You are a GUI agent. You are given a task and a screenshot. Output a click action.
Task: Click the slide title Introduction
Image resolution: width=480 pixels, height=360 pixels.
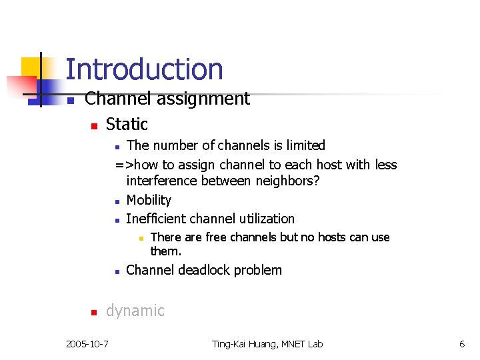click(144, 69)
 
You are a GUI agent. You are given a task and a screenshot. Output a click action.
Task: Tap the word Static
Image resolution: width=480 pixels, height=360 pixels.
click(127, 124)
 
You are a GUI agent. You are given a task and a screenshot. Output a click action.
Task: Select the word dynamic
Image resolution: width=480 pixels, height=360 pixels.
click(135, 311)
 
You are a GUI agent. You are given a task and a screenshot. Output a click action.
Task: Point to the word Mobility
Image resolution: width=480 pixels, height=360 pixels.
click(149, 200)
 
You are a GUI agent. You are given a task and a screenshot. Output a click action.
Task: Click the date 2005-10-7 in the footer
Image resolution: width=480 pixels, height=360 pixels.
click(88, 344)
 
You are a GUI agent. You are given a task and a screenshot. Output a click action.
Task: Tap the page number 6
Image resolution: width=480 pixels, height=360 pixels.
click(461, 344)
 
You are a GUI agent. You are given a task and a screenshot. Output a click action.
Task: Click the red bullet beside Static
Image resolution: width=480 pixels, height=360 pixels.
click(95, 125)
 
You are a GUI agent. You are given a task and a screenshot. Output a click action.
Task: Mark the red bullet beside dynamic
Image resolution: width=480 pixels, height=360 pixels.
click(95, 312)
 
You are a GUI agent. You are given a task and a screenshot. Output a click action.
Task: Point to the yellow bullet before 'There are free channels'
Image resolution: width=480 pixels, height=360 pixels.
click(141, 239)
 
